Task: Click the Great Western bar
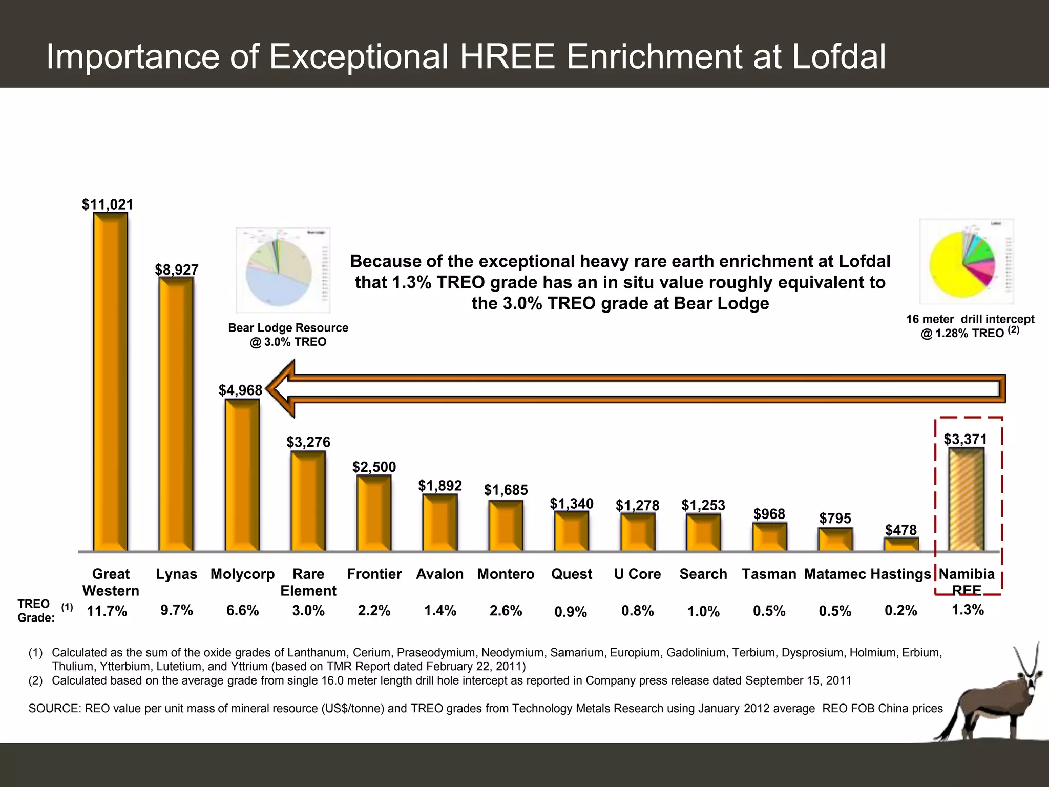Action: (110, 382)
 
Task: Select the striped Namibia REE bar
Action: (966, 500)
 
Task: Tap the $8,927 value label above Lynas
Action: (177, 270)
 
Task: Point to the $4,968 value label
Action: (240, 390)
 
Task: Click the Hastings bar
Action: (901, 544)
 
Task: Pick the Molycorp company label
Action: (242, 574)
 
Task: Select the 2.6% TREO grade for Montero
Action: (506, 611)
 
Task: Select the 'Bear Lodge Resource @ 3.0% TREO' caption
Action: (288, 335)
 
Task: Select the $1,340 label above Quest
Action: (571, 504)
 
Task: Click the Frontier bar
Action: (374, 512)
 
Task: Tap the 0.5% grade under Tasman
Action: (769, 611)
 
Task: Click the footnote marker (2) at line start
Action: (35, 680)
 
